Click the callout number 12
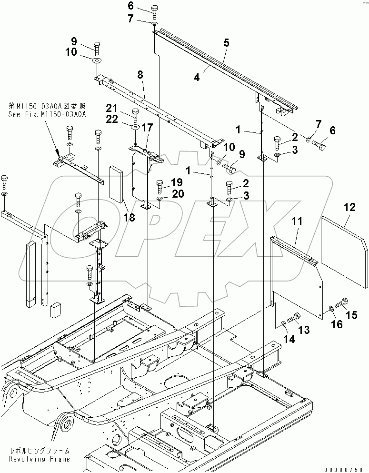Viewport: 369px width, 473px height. (349, 207)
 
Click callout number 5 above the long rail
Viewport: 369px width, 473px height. (226, 43)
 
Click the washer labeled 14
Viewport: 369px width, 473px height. (284, 324)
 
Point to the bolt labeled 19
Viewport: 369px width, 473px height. (160, 184)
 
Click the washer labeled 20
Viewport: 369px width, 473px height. (160, 199)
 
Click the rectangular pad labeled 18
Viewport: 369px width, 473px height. (117, 184)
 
